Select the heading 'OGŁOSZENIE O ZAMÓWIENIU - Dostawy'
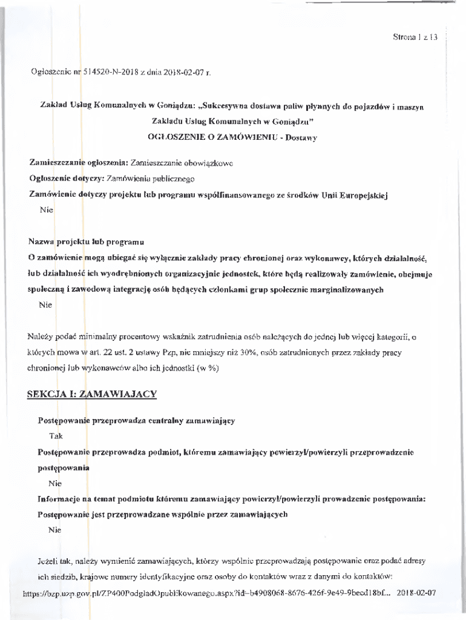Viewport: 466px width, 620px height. click(233, 137)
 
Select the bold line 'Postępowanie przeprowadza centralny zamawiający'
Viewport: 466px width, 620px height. click(137, 420)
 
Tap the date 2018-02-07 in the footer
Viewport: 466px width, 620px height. click(416, 593)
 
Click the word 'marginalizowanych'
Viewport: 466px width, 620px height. click(346, 289)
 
